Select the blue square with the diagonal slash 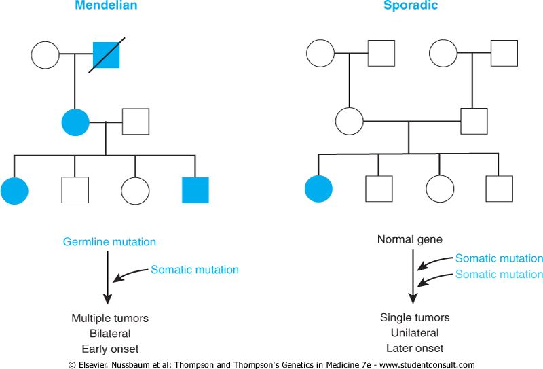click(106, 54)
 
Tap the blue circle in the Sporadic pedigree click(318, 190)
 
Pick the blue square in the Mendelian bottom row click(195, 190)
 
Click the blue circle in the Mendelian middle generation click(75, 122)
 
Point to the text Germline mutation click(109, 242)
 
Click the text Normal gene click(410, 239)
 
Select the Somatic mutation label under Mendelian click(195, 270)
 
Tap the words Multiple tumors click(109, 318)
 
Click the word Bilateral click(109, 334)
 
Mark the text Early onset click(109, 349)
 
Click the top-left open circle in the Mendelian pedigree click(45, 54)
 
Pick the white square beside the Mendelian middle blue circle click(136, 122)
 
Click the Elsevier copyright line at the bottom click(271, 364)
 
